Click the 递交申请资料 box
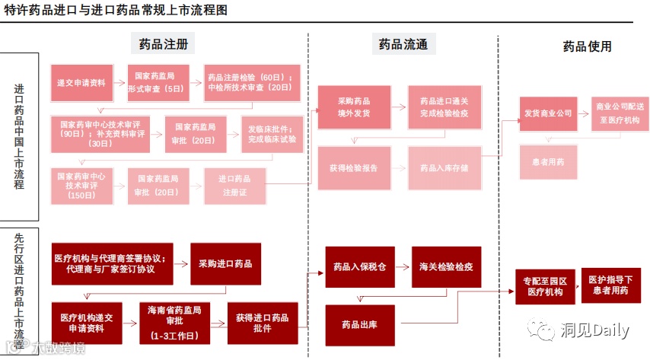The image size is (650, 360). pos(81,82)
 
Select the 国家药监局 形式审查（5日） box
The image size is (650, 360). pos(155,82)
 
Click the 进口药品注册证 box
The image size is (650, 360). pos(235,186)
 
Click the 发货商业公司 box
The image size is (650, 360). pos(547,113)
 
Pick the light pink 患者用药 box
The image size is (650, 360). pos(547,162)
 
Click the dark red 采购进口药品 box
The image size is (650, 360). pos(225,263)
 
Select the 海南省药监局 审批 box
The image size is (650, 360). pos(175,323)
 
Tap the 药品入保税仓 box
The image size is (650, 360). pos(359,267)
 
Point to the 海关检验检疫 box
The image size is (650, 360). pos(447,267)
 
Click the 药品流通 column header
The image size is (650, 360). pos(403,44)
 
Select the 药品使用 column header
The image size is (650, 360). pos(587,46)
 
